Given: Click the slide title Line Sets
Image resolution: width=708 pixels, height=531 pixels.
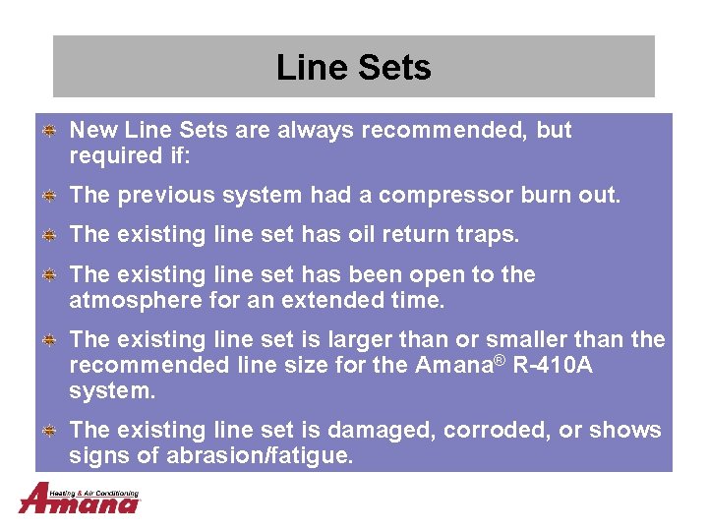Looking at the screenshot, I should pyautogui.click(x=353, y=68).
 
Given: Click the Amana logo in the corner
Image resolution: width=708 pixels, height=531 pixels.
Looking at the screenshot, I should pyautogui.click(x=79, y=499).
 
